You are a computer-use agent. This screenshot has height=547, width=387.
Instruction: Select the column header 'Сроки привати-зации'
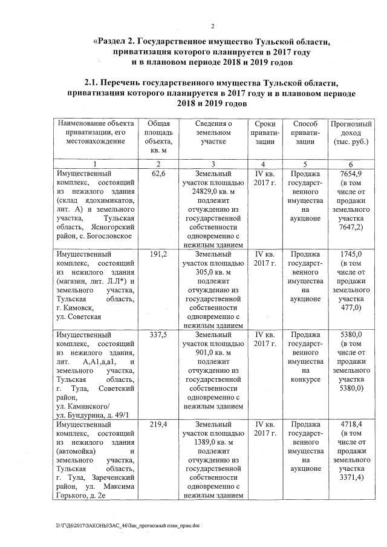tap(265, 132)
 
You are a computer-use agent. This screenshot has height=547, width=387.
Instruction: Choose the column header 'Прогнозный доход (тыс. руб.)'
tap(351, 132)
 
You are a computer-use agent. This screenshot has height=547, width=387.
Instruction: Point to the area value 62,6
tap(159, 174)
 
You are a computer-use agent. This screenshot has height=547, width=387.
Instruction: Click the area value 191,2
tap(159, 254)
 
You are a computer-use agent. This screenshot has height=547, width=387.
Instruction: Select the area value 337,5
tap(159, 334)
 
